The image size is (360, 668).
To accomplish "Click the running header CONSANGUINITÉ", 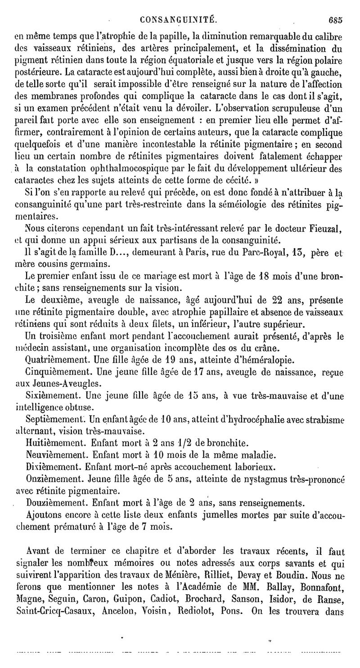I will [179, 20].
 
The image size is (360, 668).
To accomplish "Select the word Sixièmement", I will [49, 396].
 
